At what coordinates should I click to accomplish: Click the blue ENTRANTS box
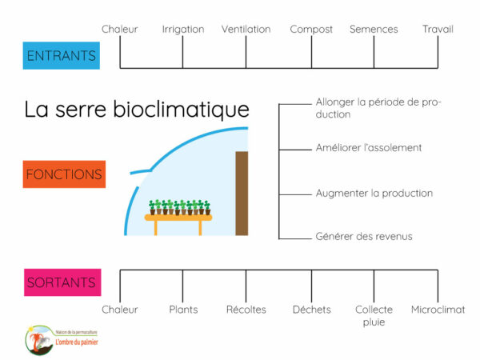coord(62,55)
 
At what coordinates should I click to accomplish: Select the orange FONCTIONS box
coord(64,174)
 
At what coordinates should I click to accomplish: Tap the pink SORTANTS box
coord(62,282)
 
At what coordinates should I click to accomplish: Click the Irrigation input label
coord(183,30)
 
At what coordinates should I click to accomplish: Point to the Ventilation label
coord(246,29)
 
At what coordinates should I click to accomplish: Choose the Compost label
coord(311,30)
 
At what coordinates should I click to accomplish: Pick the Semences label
coord(374,29)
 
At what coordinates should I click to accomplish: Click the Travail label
coord(438,29)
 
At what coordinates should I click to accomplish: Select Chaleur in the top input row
coord(120,29)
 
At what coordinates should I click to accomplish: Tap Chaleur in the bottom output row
coord(120,310)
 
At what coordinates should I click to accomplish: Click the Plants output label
coord(183,310)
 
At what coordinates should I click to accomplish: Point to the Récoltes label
coord(246,310)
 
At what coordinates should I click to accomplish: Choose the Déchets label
coord(312,310)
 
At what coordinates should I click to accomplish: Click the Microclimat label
coord(438,310)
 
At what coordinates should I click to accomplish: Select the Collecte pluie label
coord(374,316)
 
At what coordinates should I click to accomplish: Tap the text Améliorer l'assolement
coord(369,147)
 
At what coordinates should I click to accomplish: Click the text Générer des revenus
coord(364,236)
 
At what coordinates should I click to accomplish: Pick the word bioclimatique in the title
coord(182,110)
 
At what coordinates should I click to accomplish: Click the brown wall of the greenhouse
coord(242,193)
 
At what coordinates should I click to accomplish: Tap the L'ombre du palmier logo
coord(62,340)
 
